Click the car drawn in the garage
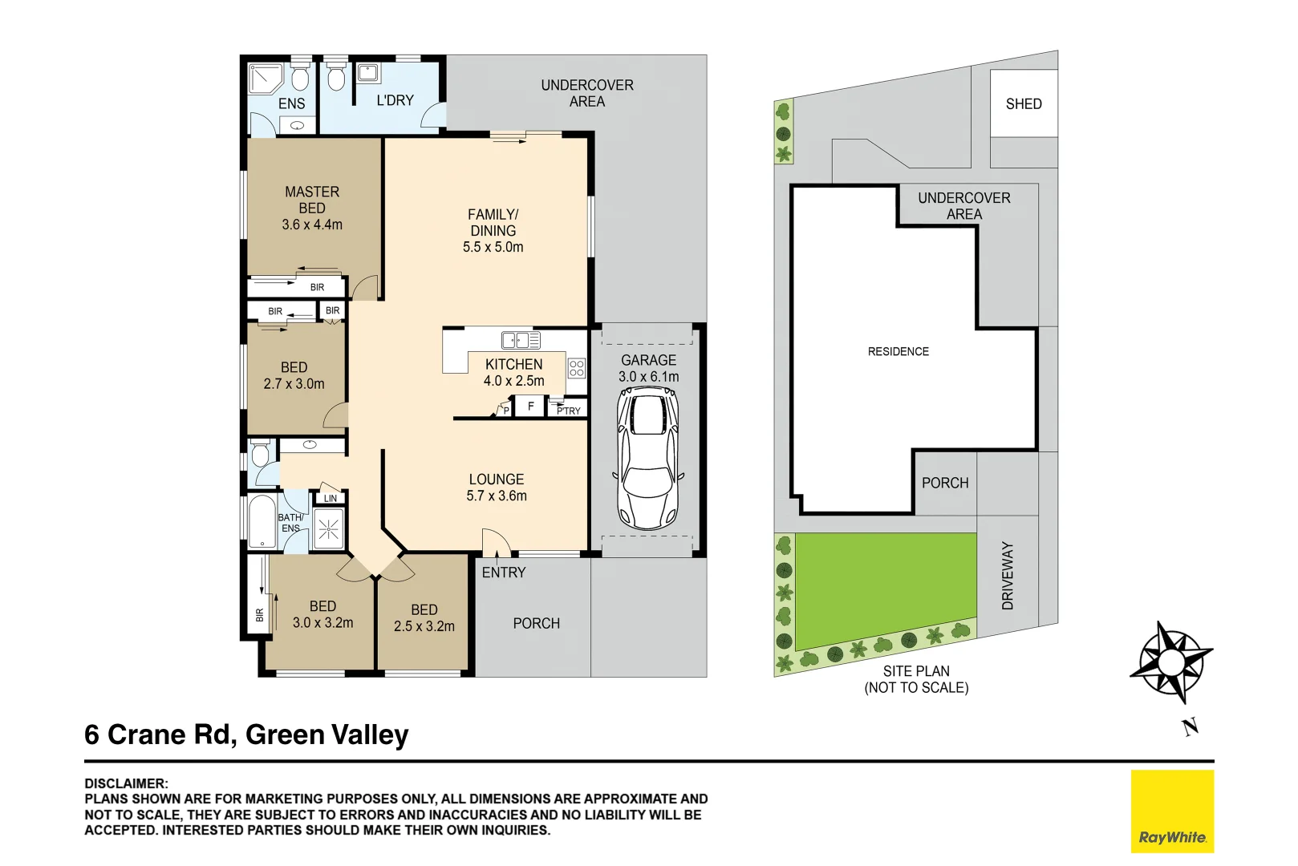[647, 458]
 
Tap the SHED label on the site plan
[1023, 104]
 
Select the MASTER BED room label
[312, 200]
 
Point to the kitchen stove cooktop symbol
[576, 368]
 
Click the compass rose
[1171, 662]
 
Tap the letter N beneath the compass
[1191, 727]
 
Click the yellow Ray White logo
[1172, 811]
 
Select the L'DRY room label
[395, 100]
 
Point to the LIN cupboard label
[331, 499]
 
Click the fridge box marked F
[530, 407]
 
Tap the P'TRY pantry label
[569, 411]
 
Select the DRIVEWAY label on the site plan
[1008, 575]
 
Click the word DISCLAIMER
[126, 783]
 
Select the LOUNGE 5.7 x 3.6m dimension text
[497, 496]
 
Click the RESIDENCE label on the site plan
[898, 351]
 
